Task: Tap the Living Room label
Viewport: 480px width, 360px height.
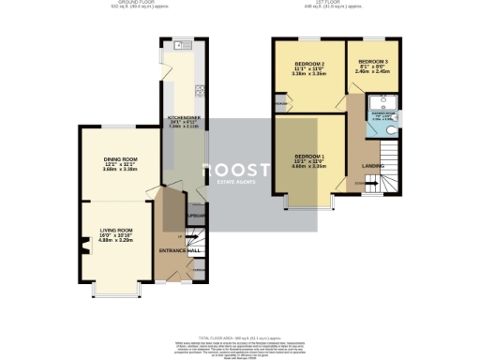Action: (x=112, y=229)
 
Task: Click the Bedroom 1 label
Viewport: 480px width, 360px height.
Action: (x=309, y=156)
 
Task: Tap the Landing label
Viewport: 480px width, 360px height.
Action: (x=371, y=168)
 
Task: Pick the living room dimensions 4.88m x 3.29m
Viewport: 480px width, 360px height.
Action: (x=112, y=240)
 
